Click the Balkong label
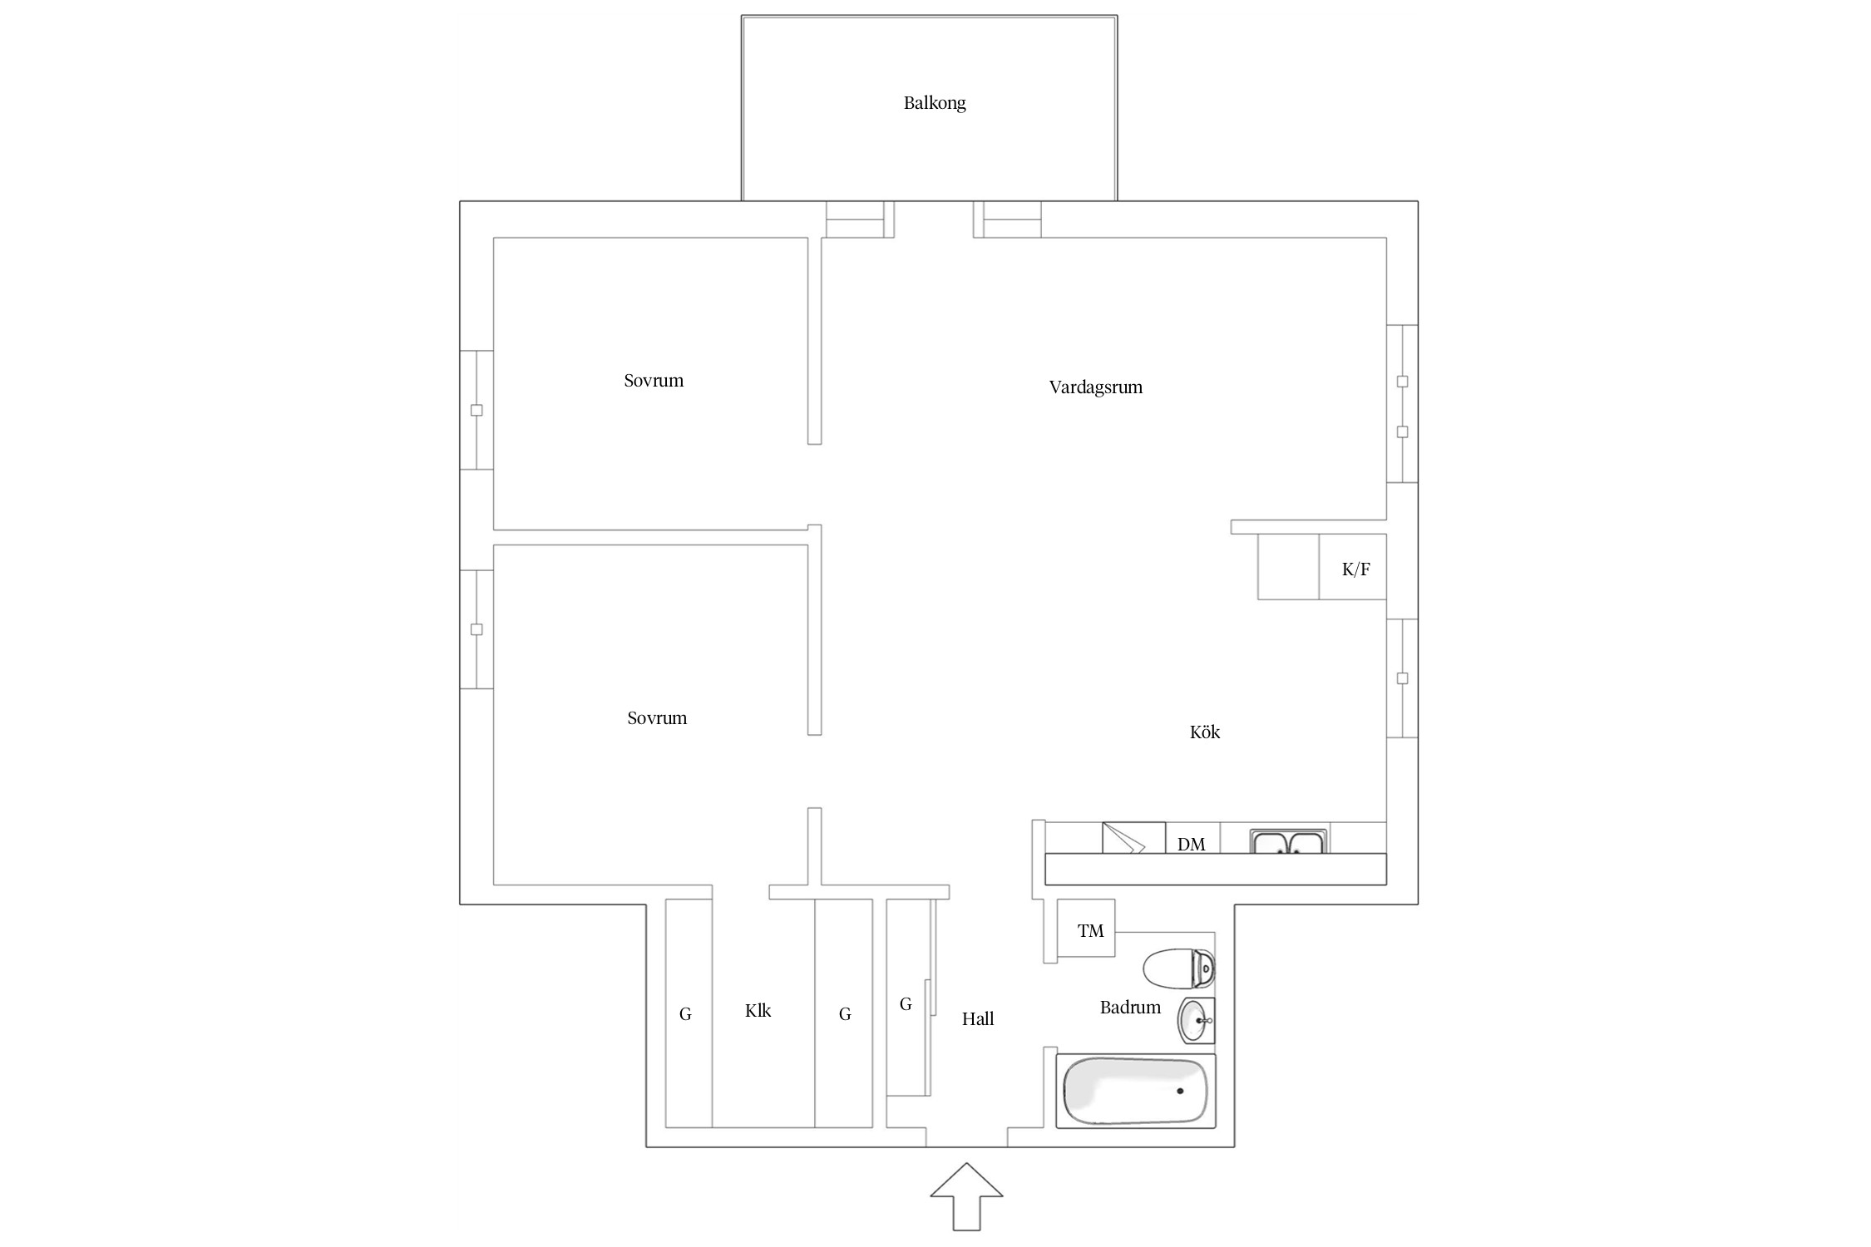coord(935,103)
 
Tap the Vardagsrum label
coord(1095,387)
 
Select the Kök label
coord(1205,732)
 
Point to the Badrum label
coord(1130,1008)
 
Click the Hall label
coord(978,1019)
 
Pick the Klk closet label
coord(758,1011)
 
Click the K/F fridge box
coord(1352,566)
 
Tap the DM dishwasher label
coord(1191,845)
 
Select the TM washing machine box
coord(1085,929)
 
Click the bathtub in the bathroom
coord(1135,1091)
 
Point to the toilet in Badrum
coord(1179,969)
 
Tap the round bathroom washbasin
coord(1196,1020)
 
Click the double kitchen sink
coord(1288,840)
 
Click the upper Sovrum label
coord(654,381)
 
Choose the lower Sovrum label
coord(657,718)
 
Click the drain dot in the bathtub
coord(1180,1091)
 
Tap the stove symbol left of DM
coord(1133,837)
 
